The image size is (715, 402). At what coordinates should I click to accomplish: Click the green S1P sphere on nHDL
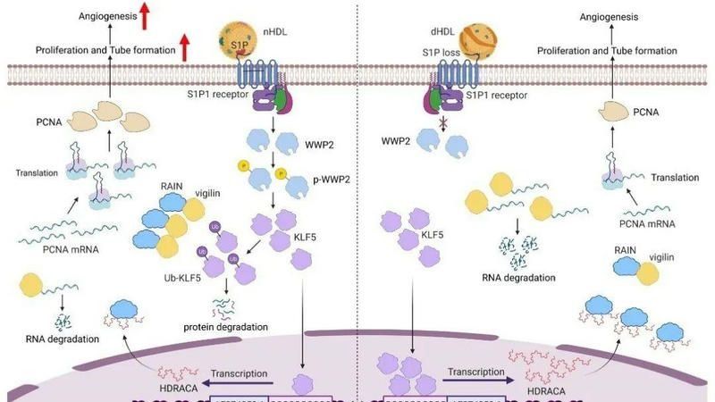231,43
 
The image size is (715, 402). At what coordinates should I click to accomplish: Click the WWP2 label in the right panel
395,140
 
